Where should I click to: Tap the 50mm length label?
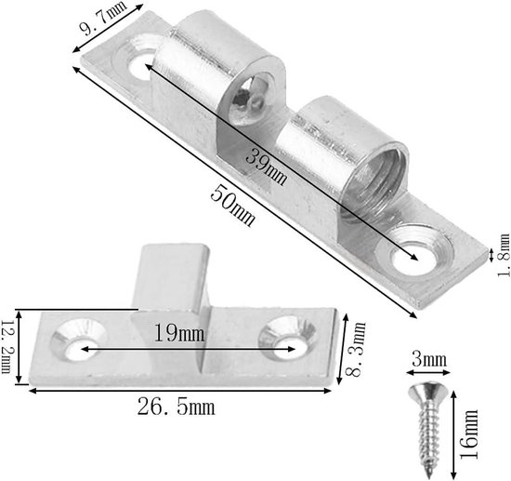point(232,206)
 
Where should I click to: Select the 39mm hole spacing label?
point(267,166)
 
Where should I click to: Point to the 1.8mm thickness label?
point(504,255)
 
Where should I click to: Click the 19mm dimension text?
point(179,333)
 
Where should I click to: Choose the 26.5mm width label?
point(176,407)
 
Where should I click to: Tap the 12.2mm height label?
point(7,346)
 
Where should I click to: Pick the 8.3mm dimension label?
point(355,349)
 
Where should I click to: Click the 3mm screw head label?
point(429,359)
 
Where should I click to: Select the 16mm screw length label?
point(469,434)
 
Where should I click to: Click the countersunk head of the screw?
point(428,392)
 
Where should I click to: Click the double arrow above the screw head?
point(428,373)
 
